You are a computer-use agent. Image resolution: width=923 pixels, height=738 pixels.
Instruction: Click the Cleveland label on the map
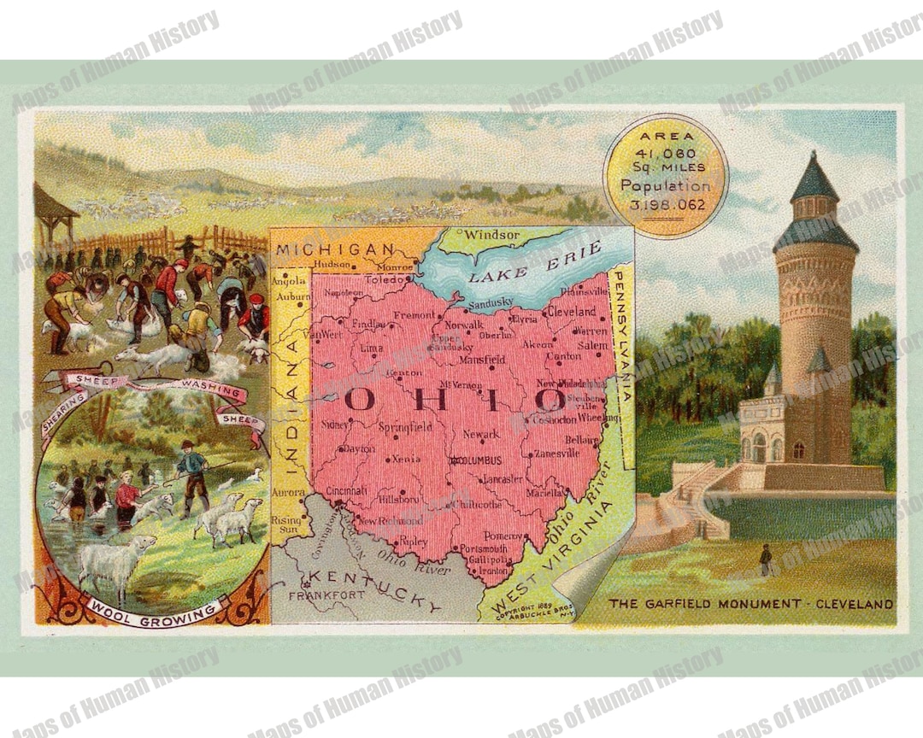572,312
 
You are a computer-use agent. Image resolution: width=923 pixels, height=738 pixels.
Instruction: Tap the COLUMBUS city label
479,460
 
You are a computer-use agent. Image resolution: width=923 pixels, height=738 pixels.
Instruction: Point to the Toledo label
382,279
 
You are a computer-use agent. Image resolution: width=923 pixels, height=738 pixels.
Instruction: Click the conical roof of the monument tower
815,178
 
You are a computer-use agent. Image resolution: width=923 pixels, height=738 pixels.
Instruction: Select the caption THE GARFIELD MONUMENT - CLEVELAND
750,604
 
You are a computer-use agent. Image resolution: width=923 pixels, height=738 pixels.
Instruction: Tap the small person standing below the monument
766,559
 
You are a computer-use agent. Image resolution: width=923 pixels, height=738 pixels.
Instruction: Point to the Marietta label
544,493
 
